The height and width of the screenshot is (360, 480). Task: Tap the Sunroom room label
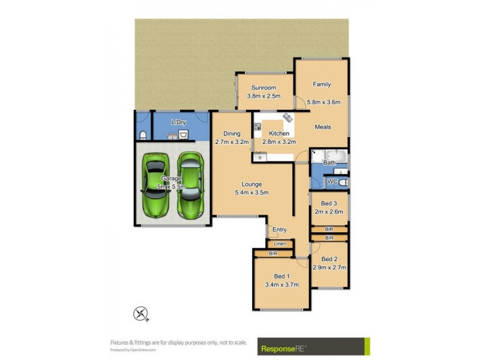pyautogui.click(x=263, y=88)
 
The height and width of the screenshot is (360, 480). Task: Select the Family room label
pyautogui.click(x=322, y=85)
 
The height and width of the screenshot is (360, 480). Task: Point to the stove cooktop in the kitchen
pyautogui.click(x=257, y=127)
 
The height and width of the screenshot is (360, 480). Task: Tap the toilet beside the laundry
pyautogui.click(x=142, y=134)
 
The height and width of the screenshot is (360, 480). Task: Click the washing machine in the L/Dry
pyautogui.click(x=183, y=134)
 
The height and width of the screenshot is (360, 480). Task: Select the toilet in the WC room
pyautogui.click(x=341, y=182)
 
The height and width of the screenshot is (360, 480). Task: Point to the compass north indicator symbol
pyautogui.click(x=142, y=313)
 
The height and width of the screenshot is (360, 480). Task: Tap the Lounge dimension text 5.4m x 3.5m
pyautogui.click(x=251, y=193)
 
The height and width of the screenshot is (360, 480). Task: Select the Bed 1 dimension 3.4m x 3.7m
pyautogui.click(x=281, y=284)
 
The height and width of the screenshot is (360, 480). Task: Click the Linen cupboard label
pyautogui.click(x=280, y=244)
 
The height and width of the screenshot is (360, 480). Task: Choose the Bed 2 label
pyautogui.click(x=329, y=259)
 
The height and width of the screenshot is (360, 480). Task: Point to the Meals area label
pyautogui.click(x=322, y=127)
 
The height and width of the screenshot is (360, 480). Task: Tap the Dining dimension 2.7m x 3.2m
pyautogui.click(x=232, y=142)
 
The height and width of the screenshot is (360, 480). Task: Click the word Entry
pyautogui.click(x=280, y=230)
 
